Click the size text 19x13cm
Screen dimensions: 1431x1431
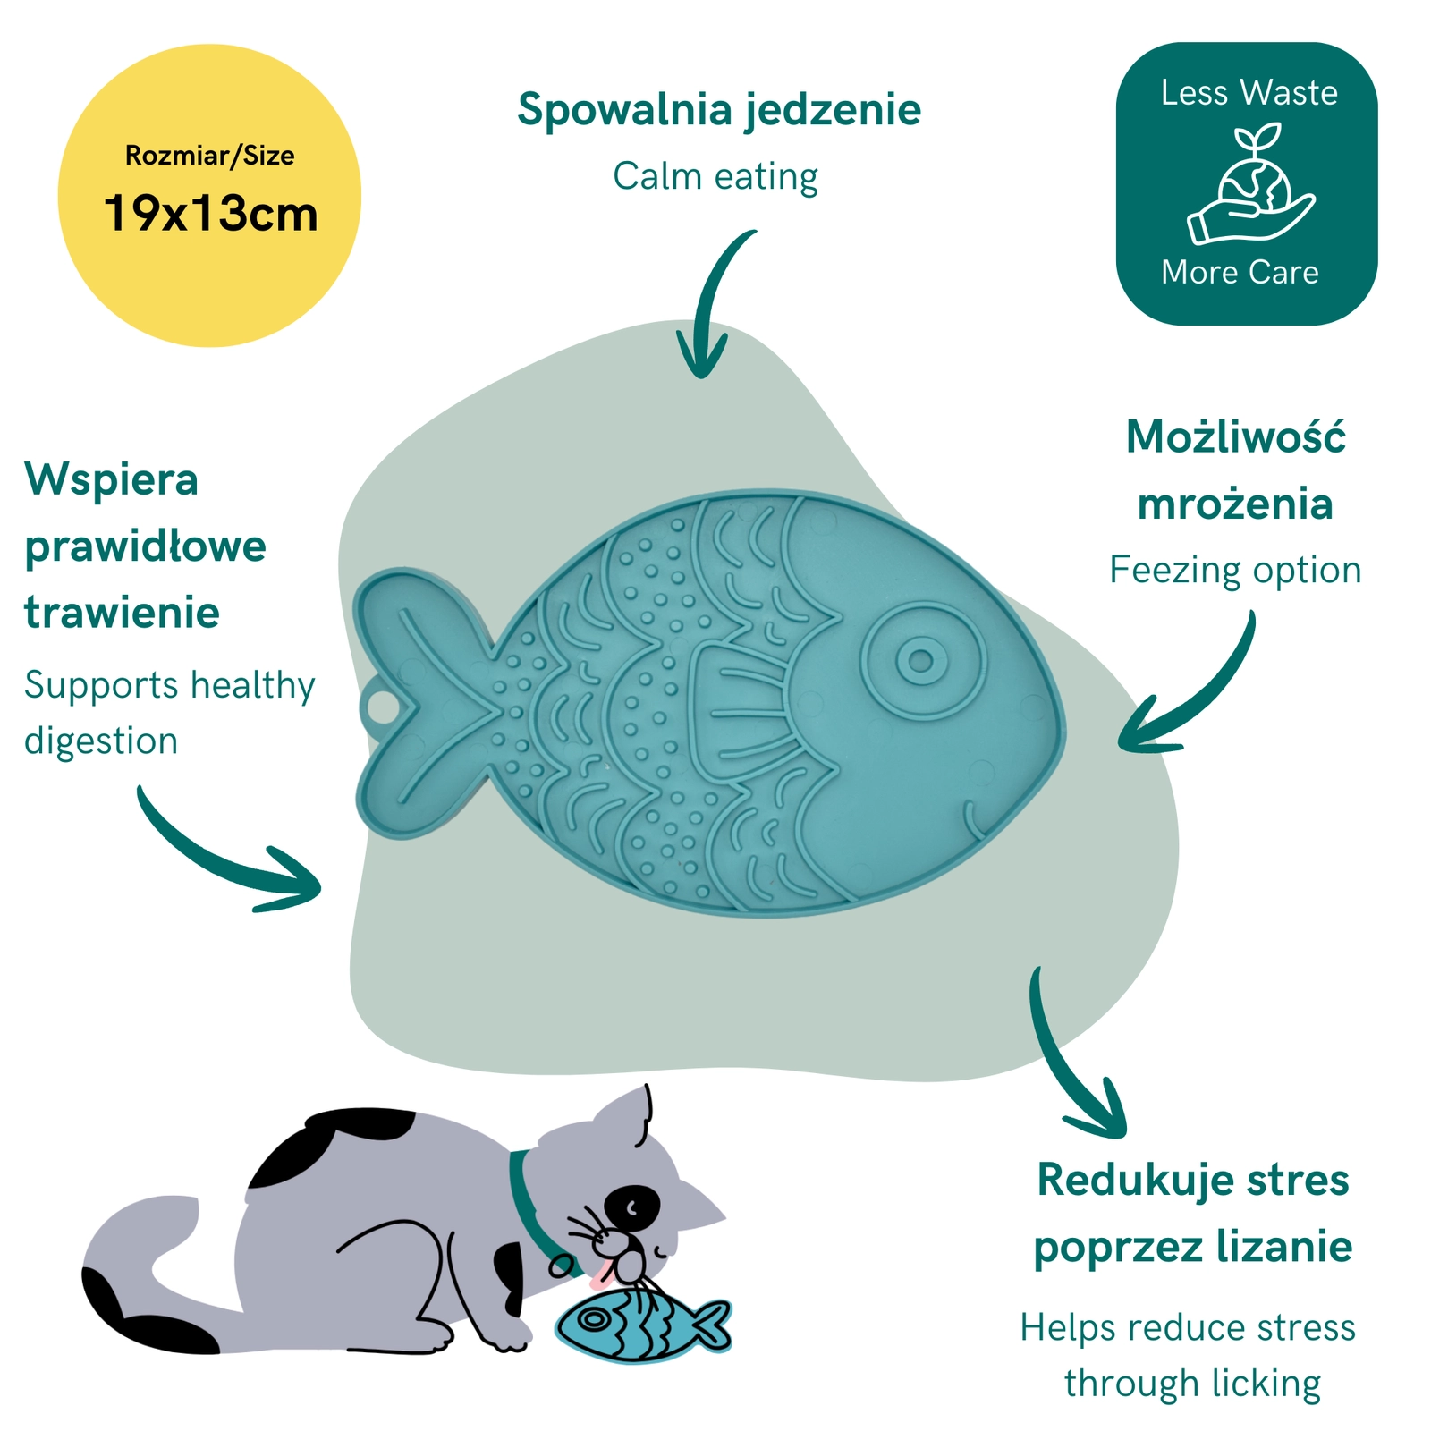[211, 214]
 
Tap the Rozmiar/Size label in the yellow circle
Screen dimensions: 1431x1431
[210, 156]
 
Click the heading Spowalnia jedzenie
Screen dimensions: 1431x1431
[719, 111]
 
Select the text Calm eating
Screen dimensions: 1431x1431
[715, 176]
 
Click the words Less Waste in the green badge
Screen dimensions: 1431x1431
[1249, 93]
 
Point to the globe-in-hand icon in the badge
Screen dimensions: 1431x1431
[1250, 185]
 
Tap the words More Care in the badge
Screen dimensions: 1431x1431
[1240, 272]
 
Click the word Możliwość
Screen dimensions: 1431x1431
[1236, 437]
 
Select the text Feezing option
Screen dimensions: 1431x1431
[1235, 571]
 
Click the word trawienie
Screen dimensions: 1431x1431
[123, 613]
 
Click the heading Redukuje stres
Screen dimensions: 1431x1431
[1193, 1180]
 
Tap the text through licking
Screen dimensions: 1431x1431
[1193, 1384]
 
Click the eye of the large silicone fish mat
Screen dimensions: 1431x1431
[922, 661]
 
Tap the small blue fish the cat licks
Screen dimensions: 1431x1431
[643, 1324]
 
